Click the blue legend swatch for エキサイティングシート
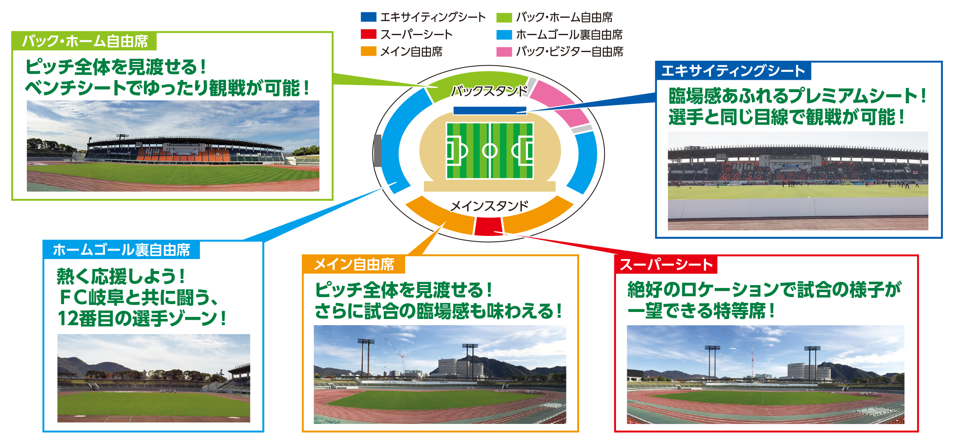pos(368,17)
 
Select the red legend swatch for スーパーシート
pos(368,34)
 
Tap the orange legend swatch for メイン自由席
pos(368,51)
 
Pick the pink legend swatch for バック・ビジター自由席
pos(504,52)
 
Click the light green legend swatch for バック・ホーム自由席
pos(504,17)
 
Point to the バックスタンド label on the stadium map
pos(490,90)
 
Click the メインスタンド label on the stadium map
pos(489,206)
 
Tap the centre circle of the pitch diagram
pos(490,150)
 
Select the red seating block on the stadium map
pos(488,226)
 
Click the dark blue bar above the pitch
pos(490,110)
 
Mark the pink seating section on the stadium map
pos(560,103)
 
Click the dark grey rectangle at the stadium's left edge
pos(377,151)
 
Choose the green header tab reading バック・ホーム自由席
pos(85,41)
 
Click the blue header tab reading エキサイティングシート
pos(733,71)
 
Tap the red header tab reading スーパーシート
pos(666,264)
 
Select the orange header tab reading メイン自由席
pos(354,264)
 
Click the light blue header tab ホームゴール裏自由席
pos(121,250)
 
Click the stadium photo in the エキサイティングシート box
pos(798,181)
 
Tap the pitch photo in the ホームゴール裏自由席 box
pos(154,378)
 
